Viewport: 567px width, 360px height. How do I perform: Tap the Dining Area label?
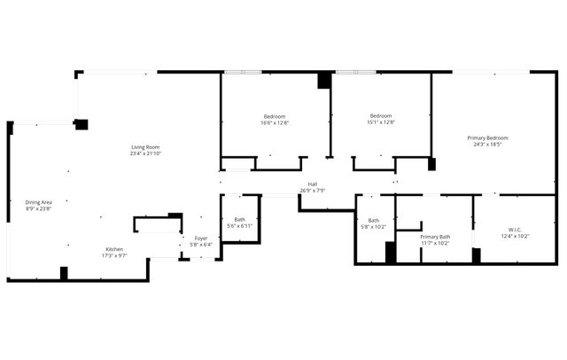point(38,202)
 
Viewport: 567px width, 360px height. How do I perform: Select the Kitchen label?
point(115,249)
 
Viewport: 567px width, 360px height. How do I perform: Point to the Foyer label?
point(201,238)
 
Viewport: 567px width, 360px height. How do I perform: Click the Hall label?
point(313,184)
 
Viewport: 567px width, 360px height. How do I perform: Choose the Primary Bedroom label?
point(488,137)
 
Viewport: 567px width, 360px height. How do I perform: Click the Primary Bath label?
point(435,237)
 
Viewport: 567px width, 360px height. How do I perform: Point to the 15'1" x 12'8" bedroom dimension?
point(381,123)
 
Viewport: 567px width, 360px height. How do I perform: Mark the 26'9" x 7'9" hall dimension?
point(313,190)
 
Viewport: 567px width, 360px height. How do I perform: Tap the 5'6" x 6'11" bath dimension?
point(240,226)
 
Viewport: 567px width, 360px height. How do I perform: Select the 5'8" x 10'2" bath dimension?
point(374,227)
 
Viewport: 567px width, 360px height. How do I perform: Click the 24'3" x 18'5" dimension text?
point(488,145)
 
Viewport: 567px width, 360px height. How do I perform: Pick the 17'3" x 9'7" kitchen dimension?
point(115,255)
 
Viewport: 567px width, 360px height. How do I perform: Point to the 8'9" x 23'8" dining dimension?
point(38,209)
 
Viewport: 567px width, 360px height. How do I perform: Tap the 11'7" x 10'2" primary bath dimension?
point(435,244)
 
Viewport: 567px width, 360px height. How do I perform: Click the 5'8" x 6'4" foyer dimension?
point(201,245)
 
